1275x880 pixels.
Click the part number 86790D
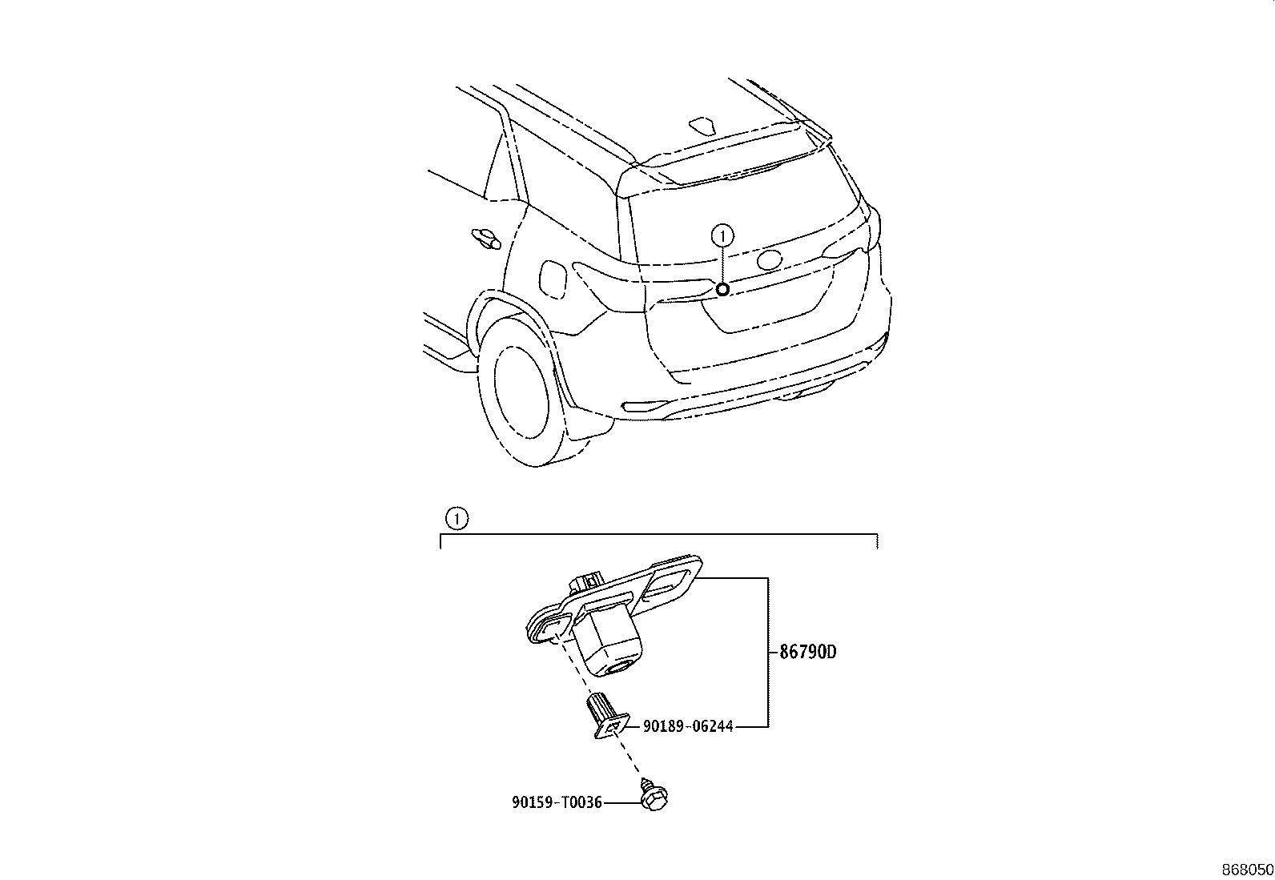808,652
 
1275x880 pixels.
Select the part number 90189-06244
688,726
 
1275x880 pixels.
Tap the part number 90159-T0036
557,802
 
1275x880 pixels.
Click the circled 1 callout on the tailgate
723,235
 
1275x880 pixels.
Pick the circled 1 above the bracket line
457,519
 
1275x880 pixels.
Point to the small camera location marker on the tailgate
722,290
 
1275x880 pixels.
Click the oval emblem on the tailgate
770,259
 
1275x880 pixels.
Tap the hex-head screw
654,794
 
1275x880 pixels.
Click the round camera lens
618,667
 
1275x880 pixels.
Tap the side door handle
486,238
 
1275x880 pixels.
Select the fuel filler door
552,279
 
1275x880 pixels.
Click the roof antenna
703,125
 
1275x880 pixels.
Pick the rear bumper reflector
646,406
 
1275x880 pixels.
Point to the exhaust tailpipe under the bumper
808,392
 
